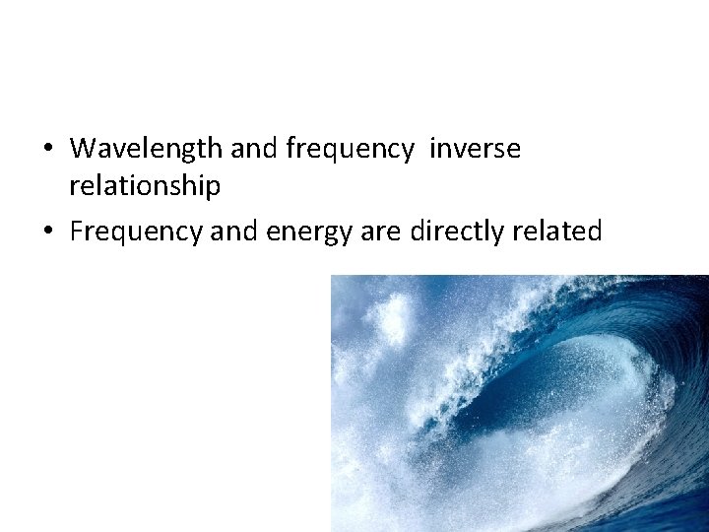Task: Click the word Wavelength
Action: (x=147, y=149)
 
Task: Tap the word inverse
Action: (x=476, y=149)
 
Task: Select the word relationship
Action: (x=145, y=185)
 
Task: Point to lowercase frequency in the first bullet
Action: (x=350, y=149)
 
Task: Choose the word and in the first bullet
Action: (x=255, y=149)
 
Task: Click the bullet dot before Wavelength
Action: (x=47, y=150)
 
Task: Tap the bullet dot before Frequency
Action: (x=47, y=233)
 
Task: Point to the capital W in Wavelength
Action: (x=83, y=149)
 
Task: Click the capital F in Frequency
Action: (x=77, y=232)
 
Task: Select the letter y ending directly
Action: (x=500, y=234)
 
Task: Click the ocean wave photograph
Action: (x=519, y=403)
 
